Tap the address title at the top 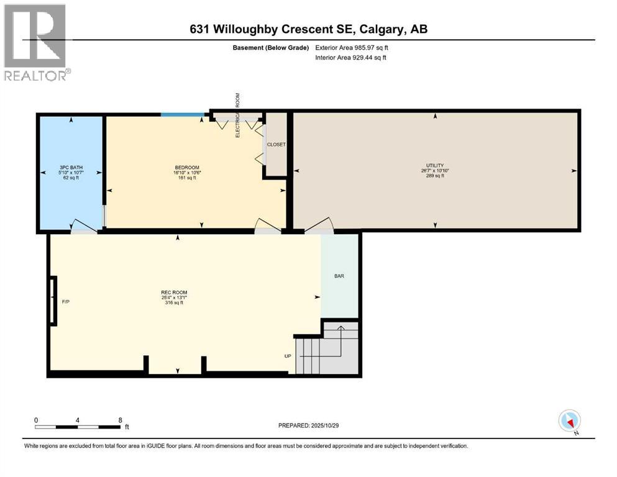click(308, 29)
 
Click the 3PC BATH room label click(71, 168)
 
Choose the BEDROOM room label click(186, 168)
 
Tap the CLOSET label click(276, 145)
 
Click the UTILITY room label click(435, 166)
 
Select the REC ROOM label click(174, 293)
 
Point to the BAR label click(339, 276)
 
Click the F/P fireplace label click(65, 302)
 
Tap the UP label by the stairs click(288, 356)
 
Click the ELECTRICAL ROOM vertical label click(237, 115)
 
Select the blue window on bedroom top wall click(182, 114)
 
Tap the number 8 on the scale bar click(119, 420)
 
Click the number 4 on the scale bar click(78, 420)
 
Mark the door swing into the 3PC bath click(85, 225)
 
